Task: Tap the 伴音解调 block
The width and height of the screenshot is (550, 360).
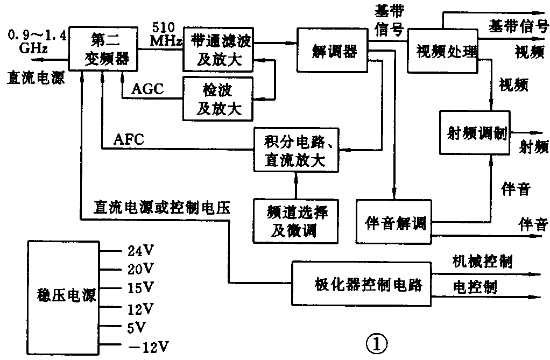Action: pyautogui.click(x=394, y=221)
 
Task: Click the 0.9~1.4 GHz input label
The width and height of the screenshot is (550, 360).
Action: pyautogui.click(x=37, y=41)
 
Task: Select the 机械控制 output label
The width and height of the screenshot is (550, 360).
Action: pyautogui.click(x=482, y=262)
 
